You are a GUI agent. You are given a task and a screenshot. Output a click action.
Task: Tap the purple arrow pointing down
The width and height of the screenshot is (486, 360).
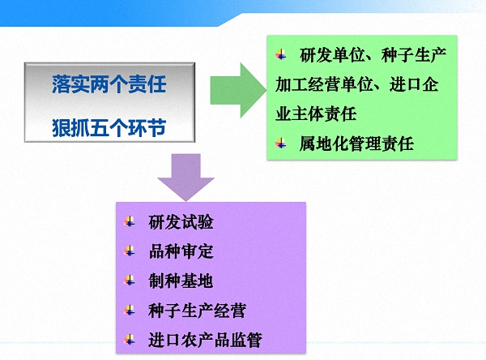[x=185, y=176]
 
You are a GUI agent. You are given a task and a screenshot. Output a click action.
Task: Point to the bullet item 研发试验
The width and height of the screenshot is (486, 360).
[x=181, y=222]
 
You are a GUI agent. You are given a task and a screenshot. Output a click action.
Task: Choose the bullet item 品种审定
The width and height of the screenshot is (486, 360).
[x=181, y=251]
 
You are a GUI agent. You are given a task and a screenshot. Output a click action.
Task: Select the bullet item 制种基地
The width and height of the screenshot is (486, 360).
[x=181, y=281]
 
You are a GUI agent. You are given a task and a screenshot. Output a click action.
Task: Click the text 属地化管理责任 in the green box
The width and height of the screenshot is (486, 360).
[x=356, y=144]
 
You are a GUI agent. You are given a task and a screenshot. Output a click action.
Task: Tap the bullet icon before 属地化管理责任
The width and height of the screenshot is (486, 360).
[x=281, y=144]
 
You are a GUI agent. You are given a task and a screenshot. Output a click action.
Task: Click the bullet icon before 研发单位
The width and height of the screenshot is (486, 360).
[x=281, y=55]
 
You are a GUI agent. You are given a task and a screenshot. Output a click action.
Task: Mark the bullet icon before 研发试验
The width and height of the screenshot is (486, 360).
[x=130, y=222]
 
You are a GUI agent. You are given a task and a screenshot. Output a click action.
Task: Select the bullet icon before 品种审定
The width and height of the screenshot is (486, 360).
[x=130, y=251]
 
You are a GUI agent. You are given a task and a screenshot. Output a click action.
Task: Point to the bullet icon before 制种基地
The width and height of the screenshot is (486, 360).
[x=130, y=281]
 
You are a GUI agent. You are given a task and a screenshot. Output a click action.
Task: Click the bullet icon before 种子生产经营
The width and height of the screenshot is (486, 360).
[x=130, y=311]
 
